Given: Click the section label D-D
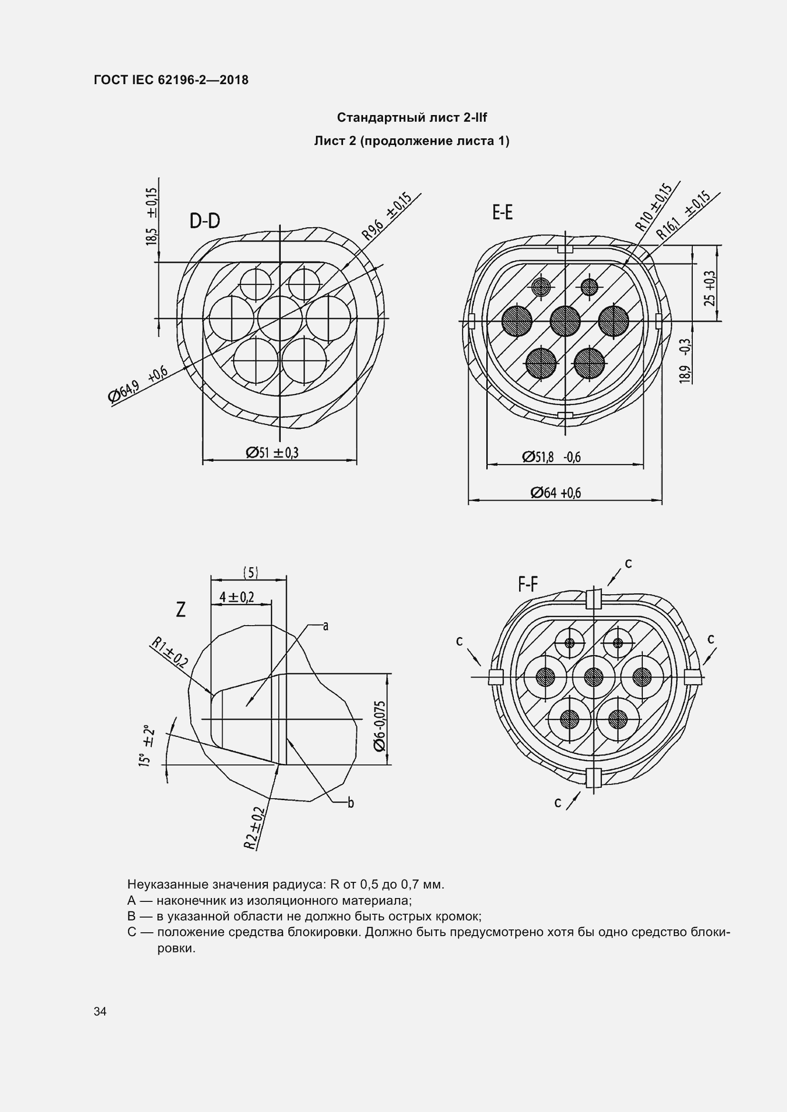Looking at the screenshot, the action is click(205, 221).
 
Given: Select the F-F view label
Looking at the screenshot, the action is click(528, 585).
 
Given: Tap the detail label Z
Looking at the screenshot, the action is click(181, 610).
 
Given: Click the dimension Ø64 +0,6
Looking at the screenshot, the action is click(555, 493).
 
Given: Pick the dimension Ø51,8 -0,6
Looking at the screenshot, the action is click(551, 457).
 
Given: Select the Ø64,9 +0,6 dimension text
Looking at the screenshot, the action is click(138, 385).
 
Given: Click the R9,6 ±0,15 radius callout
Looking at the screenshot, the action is click(387, 217).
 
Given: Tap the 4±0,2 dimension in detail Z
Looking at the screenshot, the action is click(236, 597).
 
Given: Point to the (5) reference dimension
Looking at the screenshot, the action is click(250, 573).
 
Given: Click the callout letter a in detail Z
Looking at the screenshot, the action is click(325, 626).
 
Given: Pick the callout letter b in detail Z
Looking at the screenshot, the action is click(351, 803).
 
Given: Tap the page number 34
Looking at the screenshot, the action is click(100, 1011).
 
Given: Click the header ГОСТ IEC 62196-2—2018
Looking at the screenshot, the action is click(171, 80).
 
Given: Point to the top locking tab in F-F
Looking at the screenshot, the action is click(594, 599).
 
